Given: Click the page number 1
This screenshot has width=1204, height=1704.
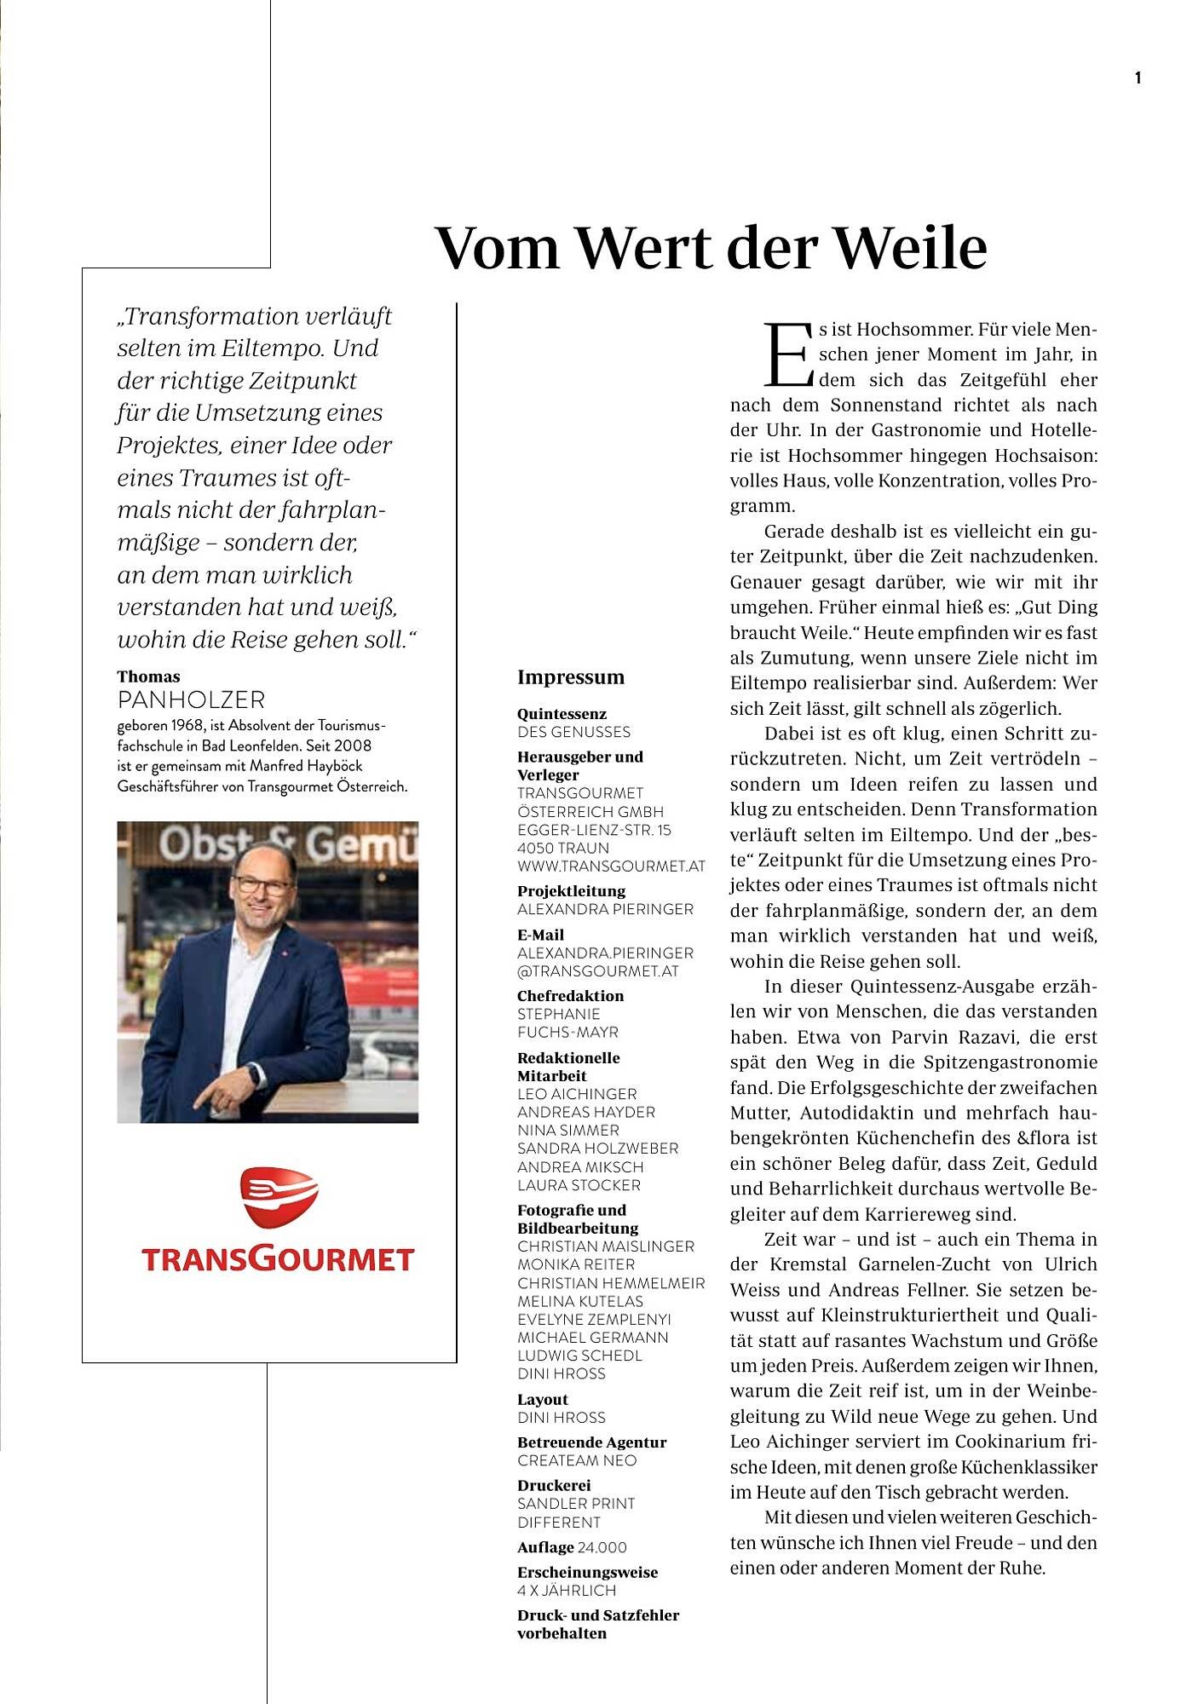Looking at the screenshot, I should [x=1138, y=78].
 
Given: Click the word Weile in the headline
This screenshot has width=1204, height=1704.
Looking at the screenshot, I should [x=909, y=247].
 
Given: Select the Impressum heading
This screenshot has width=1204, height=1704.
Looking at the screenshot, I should [x=571, y=677].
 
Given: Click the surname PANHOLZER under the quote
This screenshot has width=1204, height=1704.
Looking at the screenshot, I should [x=191, y=700].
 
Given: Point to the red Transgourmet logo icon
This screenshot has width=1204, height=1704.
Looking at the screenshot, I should [x=279, y=1198].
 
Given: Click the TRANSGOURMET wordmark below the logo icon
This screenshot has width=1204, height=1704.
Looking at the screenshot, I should [x=278, y=1259].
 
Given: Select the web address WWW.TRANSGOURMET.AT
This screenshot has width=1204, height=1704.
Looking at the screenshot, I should [x=611, y=866].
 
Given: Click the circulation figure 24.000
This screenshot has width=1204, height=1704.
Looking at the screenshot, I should [x=602, y=1547].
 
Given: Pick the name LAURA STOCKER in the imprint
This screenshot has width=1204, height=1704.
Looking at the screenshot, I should [x=579, y=1185].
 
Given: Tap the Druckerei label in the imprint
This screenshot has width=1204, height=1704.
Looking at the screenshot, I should [x=554, y=1485].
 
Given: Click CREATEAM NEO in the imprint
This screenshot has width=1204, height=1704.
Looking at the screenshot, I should [x=577, y=1460].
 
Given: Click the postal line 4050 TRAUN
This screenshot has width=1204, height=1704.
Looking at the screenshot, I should [x=563, y=849].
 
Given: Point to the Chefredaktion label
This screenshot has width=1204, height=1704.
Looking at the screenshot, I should [x=570, y=996].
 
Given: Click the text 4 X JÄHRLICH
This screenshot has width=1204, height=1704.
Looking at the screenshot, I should [x=567, y=1590].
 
